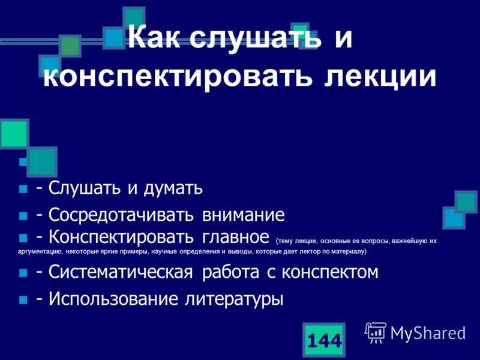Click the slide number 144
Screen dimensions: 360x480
324,341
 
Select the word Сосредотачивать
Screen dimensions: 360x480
121,215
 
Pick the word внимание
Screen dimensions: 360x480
243,215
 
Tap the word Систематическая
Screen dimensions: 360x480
121,272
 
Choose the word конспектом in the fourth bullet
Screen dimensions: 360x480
328,272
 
